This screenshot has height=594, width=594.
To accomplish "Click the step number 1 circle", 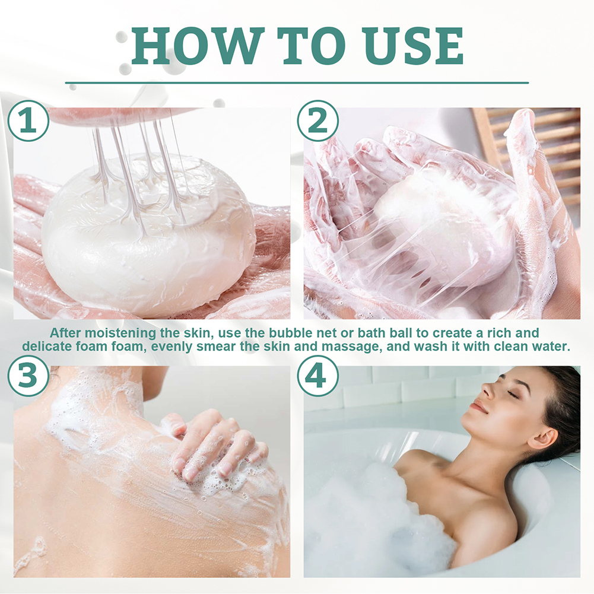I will (x=28, y=120).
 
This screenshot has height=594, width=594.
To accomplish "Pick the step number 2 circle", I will (x=317, y=120).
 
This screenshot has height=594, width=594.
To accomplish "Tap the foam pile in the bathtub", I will (x=368, y=516).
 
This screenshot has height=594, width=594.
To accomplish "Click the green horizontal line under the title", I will (x=297, y=82).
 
